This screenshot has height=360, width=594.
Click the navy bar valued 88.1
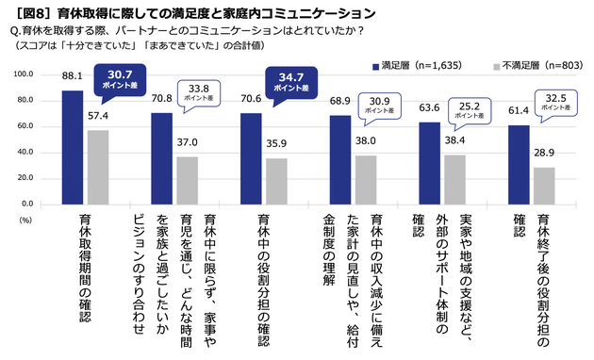73,147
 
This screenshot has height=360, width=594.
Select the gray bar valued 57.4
99,167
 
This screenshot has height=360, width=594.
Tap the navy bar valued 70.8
161,158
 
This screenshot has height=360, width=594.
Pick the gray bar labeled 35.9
277,181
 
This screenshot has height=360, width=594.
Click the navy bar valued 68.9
339,159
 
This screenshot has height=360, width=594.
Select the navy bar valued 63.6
429,163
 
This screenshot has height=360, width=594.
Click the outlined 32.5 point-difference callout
556,100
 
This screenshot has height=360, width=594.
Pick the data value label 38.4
454,139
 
